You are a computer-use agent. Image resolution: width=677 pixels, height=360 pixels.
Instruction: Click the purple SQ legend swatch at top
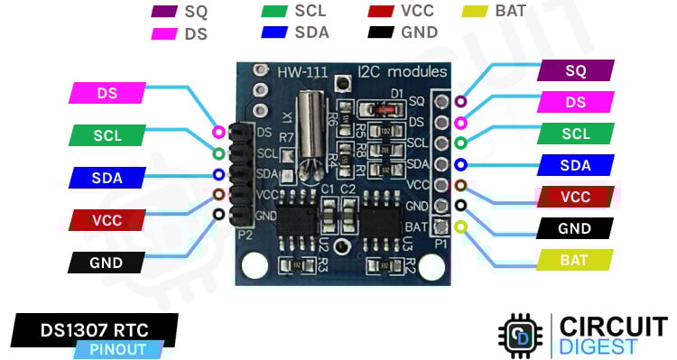[165, 12]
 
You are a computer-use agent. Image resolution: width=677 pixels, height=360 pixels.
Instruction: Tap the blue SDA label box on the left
[107, 177]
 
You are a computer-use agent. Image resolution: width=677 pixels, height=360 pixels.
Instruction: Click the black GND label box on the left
[107, 263]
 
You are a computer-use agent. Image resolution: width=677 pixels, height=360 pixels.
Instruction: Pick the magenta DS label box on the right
[576, 102]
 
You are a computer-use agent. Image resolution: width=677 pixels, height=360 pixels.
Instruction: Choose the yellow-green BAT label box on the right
[576, 260]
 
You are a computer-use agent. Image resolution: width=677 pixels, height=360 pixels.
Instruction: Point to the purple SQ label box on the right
[576, 70]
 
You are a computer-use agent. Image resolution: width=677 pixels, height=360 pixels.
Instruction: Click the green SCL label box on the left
[107, 135]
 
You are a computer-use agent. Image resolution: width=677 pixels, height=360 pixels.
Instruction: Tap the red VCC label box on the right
[576, 197]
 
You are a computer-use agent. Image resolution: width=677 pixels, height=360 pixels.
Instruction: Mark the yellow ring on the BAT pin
[461, 226]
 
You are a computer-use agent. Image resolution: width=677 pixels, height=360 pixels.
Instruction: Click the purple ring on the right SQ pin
[461, 102]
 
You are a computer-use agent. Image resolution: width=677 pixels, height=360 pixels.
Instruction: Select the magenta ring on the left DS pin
[218, 133]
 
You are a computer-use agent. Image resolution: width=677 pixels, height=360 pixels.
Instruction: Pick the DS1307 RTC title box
[95, 328]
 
